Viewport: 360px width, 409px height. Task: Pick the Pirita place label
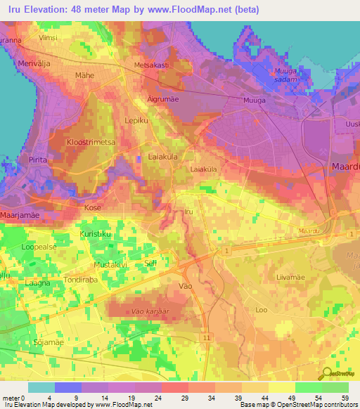[38, 160]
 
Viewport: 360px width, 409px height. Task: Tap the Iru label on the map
[188, 211]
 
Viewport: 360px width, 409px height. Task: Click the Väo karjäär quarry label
[150, 309]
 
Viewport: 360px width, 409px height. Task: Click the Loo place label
[262, 309]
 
